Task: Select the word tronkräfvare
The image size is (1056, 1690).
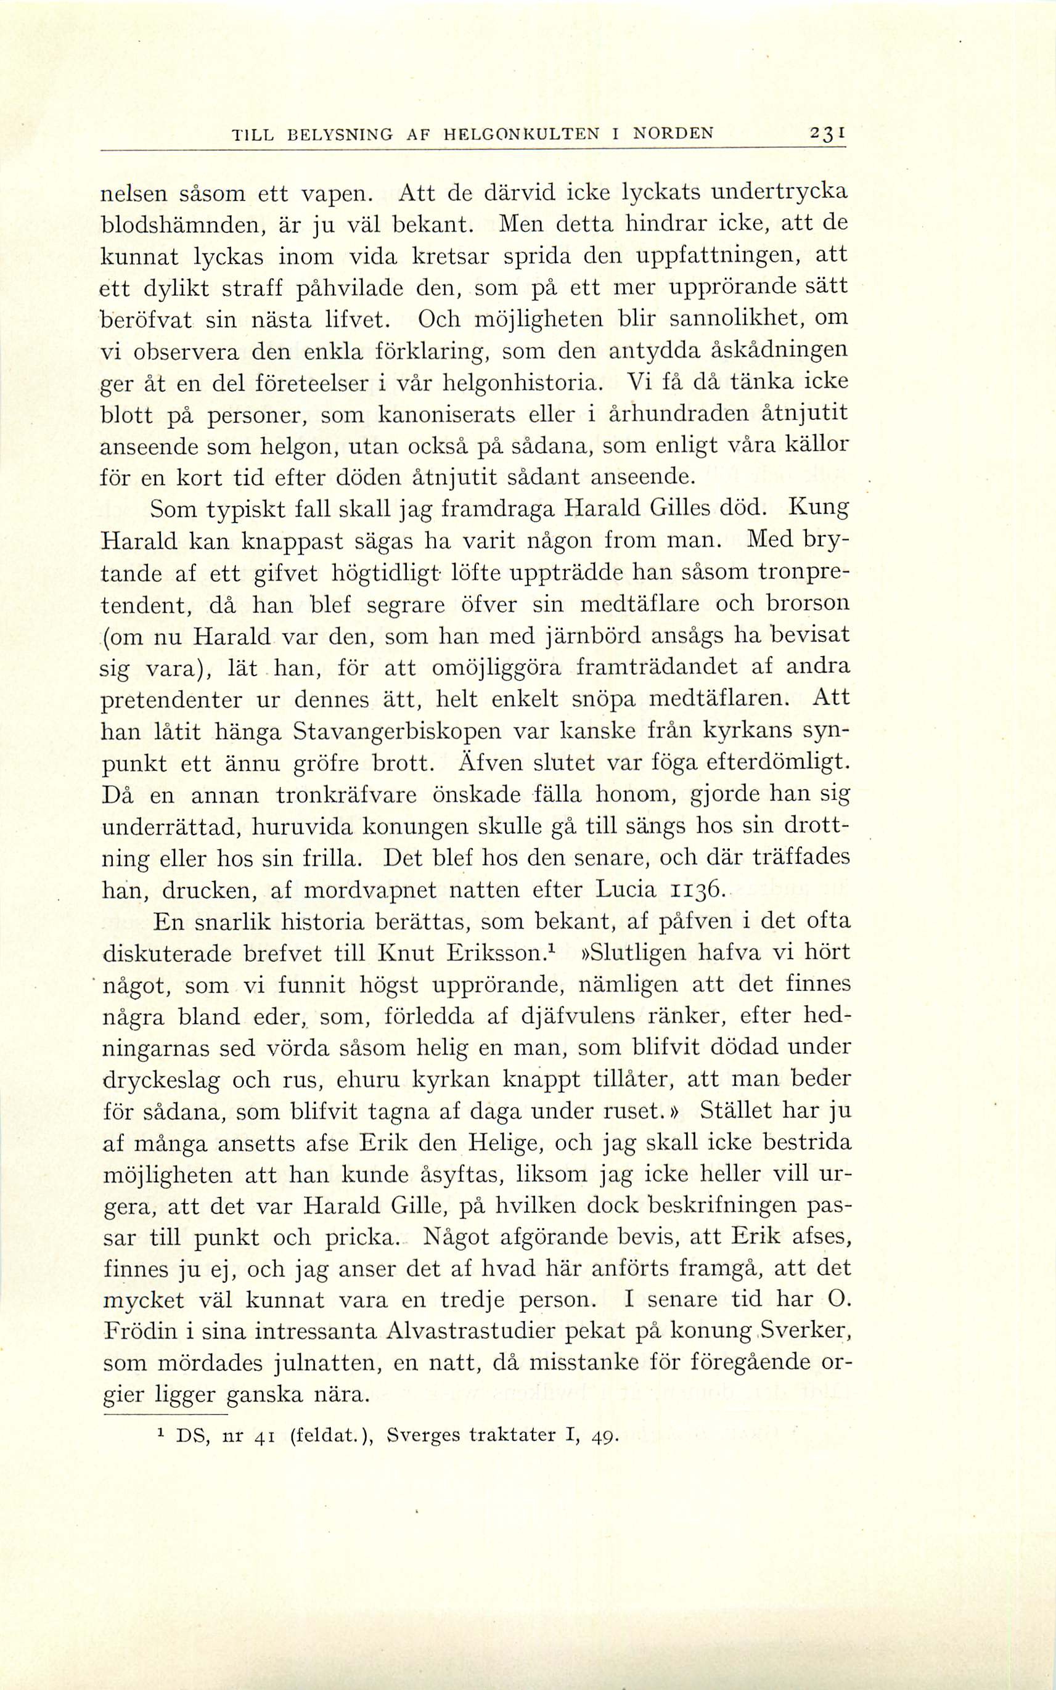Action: point(346,796)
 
